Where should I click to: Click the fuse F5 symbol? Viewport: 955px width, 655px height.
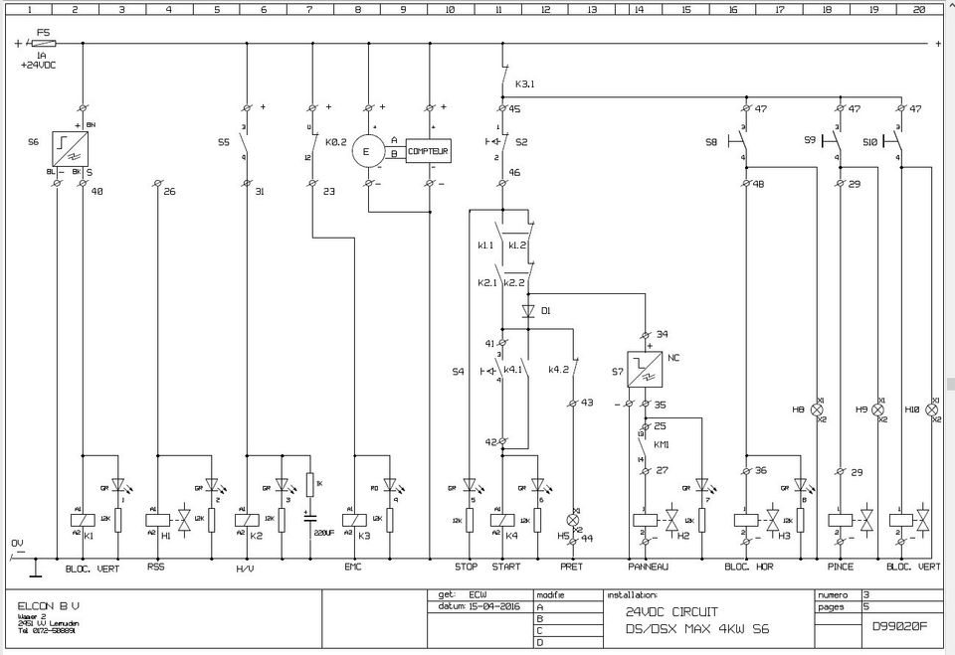click(x=45, y=44)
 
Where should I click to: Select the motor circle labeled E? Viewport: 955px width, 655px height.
click(x=368, y=152)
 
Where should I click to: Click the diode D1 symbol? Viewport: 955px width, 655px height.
click(x=528, y=311)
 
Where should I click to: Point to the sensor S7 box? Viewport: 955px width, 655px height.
click(x=644, y=369)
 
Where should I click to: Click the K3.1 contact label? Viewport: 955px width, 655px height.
click(x=525, y=84)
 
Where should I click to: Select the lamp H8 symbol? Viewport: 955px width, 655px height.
click(x=818, y=409)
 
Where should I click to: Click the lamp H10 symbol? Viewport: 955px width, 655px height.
click(x=931, y=409)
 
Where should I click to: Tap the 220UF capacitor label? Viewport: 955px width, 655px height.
click(x=323, y=533)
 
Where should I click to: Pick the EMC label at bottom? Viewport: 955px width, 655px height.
click(x=353, y=567)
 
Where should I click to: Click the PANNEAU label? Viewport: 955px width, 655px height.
click(x=648, y=567)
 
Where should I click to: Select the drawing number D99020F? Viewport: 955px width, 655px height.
click(x=899, y=626)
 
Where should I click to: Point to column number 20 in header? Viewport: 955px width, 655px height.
click(x=918, y=9)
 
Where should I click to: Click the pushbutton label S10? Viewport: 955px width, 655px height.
click(x=870, y=142)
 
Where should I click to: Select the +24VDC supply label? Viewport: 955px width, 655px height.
click(x=39, y=65)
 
